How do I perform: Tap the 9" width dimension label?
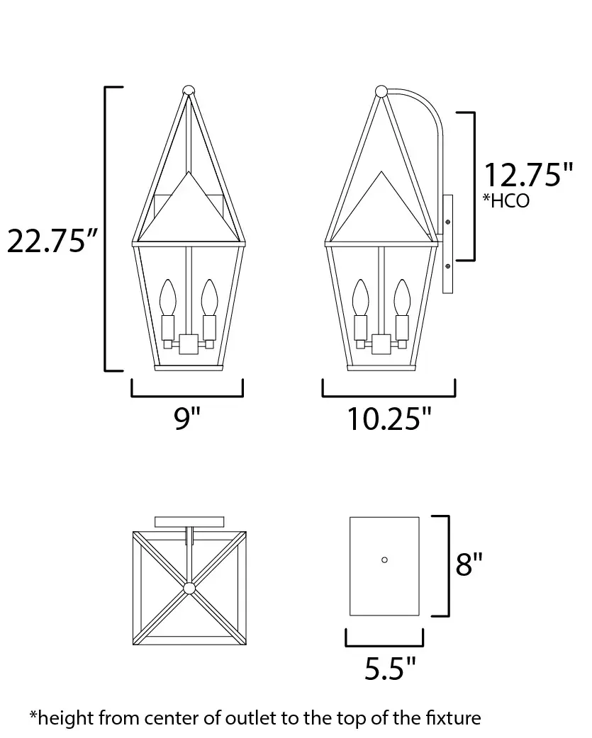(187, 418)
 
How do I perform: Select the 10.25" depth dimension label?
(389, 419)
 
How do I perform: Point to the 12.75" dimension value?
(528, 175)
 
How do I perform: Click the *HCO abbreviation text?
(506, 200)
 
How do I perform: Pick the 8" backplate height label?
(469, 564)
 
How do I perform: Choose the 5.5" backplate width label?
(391, 669)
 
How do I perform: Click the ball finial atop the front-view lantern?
(189, 91)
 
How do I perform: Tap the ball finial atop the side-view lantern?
(381, 91)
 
